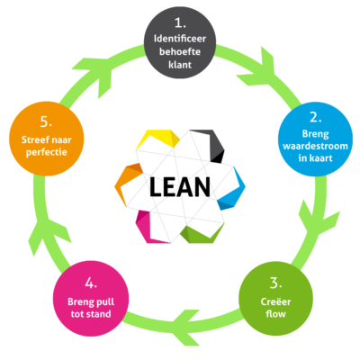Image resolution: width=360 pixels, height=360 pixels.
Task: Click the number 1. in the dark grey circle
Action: [x=180, y=22]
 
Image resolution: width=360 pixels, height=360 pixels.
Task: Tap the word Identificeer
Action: [x=180, y=39]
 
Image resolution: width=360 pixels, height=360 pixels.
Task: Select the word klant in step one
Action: [x=180, y=65]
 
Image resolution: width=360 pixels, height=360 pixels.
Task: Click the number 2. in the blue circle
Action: [x=316, y=117]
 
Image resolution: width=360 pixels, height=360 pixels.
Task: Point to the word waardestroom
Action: [x=315, y=146]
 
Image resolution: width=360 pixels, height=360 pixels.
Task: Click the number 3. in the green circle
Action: [x=275, y=283]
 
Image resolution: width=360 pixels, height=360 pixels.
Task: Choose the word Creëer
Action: [x=275, y=301]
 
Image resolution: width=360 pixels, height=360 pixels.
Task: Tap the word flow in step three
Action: [x=275, y=314]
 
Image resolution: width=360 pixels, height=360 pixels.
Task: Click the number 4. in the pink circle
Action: [x=91, y=283]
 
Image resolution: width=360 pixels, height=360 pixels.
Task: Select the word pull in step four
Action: [x=104, y=301]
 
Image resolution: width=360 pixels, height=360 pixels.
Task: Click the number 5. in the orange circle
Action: [x=46, y=121]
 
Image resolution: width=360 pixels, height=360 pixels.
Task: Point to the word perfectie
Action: [x=47, y=152]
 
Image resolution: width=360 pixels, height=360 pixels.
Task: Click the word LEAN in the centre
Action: [x=180, y=187]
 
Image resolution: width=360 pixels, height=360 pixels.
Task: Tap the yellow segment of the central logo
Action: [x=158, y=138]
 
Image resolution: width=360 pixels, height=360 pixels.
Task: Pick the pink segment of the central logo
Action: [x=146, y=227]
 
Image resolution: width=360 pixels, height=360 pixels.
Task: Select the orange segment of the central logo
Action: [x=125, y=184]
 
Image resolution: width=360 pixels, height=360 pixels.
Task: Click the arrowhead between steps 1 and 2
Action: [x=256, y=67]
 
